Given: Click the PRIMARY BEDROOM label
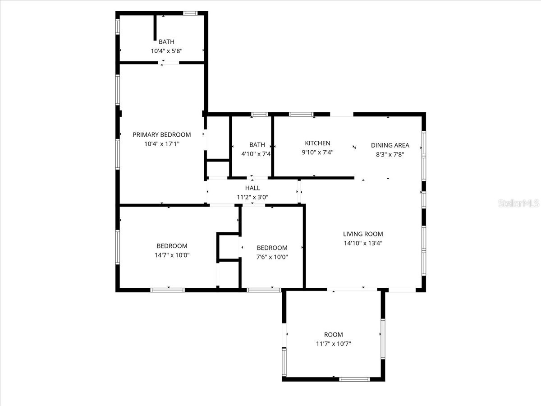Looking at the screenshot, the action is pos(162,134).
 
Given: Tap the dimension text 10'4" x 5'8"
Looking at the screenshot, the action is pos(167,51).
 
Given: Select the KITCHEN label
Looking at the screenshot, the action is pos(317,143).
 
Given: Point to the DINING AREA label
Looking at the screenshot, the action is pos(390,145).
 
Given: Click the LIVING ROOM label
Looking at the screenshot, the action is pos(363,234).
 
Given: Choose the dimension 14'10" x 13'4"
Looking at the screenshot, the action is pos(363,243).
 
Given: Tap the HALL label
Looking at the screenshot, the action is pos(252,188).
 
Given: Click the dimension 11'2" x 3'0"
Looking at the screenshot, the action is pos(252,197).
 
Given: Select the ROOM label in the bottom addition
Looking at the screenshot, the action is pos(334,335).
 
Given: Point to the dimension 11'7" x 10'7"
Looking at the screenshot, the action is pos(334,344).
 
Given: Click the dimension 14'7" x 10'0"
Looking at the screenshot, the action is pos(172,255).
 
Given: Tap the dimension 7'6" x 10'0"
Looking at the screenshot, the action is pos(272,257).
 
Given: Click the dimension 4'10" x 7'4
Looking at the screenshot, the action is pos(256,154).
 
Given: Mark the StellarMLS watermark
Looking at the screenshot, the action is pos(518,203).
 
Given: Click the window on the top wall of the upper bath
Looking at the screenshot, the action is pos(190,14).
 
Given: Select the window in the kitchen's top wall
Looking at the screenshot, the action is pos(301,114).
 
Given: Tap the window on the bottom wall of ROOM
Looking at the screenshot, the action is pos(354,379).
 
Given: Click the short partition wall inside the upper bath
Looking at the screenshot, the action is pos(155,28).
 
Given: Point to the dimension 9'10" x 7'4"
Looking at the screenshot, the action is pos(317,152).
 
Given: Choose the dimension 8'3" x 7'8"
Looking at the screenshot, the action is pos(390,155).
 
